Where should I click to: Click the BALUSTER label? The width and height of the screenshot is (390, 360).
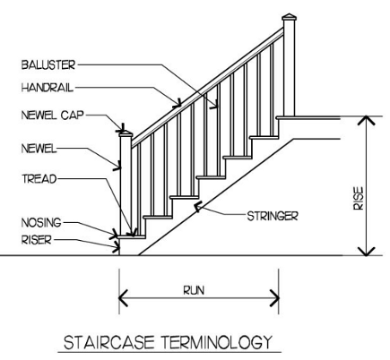(48, 64)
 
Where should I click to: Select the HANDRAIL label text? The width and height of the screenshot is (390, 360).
(48, 88)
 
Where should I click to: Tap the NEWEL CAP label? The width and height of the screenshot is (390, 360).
(52, 115)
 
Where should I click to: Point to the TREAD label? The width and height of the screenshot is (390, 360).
(39, 179)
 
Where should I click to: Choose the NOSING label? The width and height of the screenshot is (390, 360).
(41, 222)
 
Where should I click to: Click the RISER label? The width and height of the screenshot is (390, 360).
(37, 240)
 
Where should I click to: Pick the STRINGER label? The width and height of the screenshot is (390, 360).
(273, 216)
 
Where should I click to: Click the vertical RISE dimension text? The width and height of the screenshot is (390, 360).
(359, 198)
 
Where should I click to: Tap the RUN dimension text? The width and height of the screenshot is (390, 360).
(194, 290)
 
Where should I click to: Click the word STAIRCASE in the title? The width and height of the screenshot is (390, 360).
(109, 342)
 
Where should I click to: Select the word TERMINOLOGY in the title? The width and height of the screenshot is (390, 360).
(217, 342)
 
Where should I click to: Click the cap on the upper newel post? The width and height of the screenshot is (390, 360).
(289, 17)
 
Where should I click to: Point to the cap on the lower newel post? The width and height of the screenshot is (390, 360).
(126, 134)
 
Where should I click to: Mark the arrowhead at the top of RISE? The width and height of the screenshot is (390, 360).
(367, 120)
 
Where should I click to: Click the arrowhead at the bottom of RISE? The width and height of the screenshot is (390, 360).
(367, 252)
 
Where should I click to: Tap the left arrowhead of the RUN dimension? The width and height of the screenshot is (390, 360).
(123, 298)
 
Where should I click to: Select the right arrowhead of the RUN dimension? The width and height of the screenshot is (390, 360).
(274, 298)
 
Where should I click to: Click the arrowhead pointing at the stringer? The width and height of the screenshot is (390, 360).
(197, 206)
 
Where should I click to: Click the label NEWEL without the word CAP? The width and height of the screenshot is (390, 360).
(39, 149)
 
